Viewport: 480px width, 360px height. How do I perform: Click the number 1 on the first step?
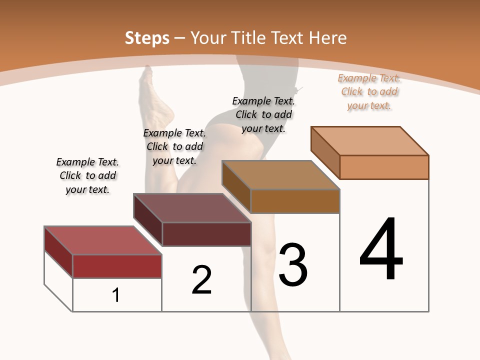[116, 295]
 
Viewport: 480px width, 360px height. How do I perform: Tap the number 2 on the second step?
[201, 280]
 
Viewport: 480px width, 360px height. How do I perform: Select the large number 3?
[293, 265]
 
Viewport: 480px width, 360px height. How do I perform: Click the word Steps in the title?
[147, 38]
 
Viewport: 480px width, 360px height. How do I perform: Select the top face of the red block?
[102, 240]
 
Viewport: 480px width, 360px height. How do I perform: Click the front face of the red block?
[117, 266]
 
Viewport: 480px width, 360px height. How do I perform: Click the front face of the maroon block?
[206, 234]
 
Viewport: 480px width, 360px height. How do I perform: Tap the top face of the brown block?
[280, 175]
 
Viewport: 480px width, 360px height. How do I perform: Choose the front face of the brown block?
[295, 201]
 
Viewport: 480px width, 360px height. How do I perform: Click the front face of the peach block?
[384, 167]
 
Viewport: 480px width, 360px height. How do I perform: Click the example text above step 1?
[87, 175]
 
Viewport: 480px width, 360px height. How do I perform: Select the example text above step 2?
[174, 146]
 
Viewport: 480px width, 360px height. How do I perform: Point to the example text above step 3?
[263, 114]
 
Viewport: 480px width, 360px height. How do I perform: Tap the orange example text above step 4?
[369, 91]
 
